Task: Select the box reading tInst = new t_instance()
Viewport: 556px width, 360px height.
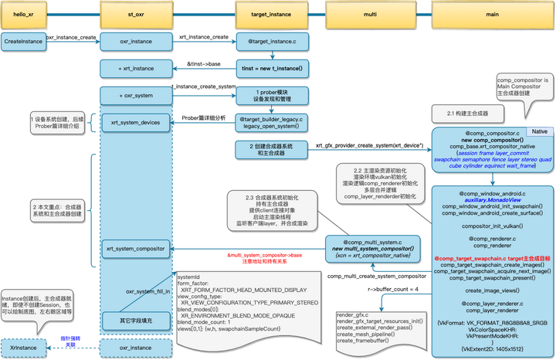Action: click(272, 69)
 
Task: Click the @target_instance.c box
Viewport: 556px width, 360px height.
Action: click(272, 41)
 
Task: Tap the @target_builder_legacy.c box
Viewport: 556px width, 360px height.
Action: click(272, 121)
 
